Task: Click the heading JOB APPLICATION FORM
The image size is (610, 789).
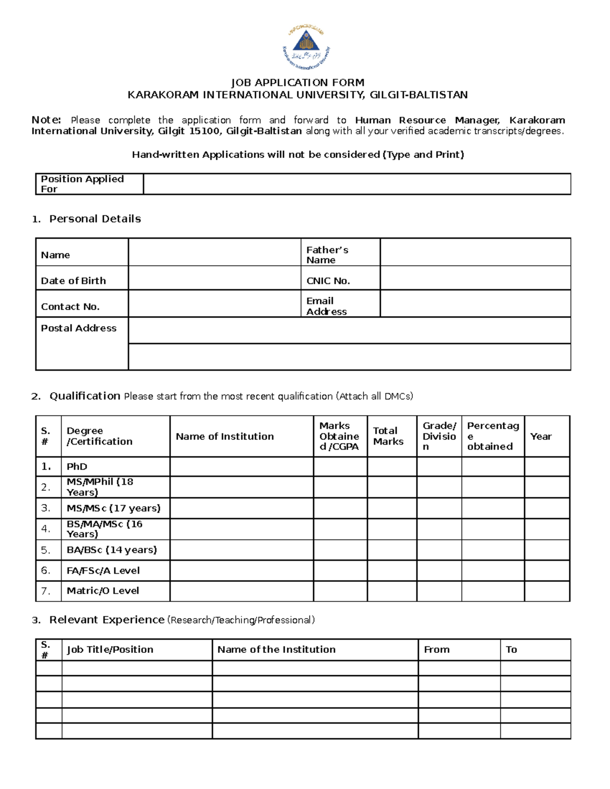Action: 297,82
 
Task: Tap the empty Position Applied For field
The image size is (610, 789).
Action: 357,184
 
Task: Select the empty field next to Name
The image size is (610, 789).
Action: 214,253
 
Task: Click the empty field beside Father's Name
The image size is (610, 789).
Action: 475,253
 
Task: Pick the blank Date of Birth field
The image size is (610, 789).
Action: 214,278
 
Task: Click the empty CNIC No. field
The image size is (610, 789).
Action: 475,278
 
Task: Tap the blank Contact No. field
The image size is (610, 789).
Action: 214,304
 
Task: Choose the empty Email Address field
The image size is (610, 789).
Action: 475,304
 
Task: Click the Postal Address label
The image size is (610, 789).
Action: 79,328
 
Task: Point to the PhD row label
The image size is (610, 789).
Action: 77,466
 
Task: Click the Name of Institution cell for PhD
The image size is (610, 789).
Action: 241,466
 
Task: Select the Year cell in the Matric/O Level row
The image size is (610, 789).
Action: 547,591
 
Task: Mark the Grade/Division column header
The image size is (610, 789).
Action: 439,436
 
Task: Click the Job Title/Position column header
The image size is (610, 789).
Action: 110,649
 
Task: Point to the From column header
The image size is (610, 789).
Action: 437,649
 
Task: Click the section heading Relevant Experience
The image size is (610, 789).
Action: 107,620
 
